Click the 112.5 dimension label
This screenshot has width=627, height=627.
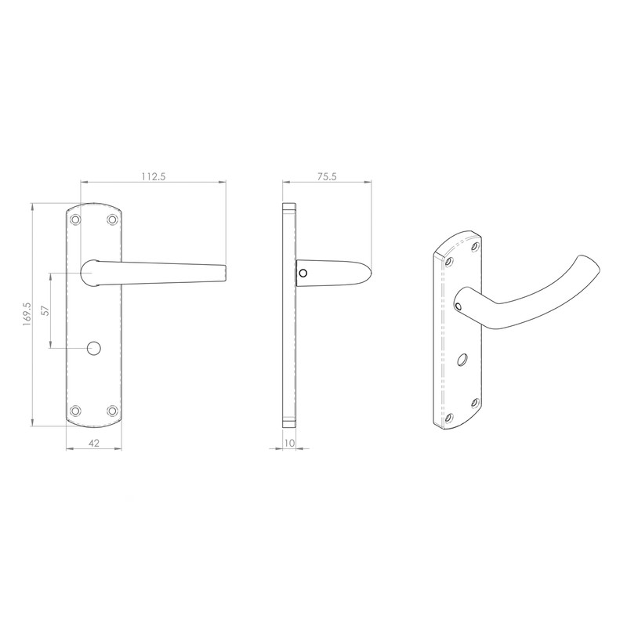click(x=154, y=176)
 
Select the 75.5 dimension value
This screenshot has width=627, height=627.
click(x=326, y=176)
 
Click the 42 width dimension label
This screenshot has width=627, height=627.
click(x=93, y=443)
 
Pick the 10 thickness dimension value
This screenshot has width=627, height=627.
click(x=289, y=443)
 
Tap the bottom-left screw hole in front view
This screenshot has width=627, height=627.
click(x=76, y=410)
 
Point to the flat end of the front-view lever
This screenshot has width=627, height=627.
click(x=225, y=272)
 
